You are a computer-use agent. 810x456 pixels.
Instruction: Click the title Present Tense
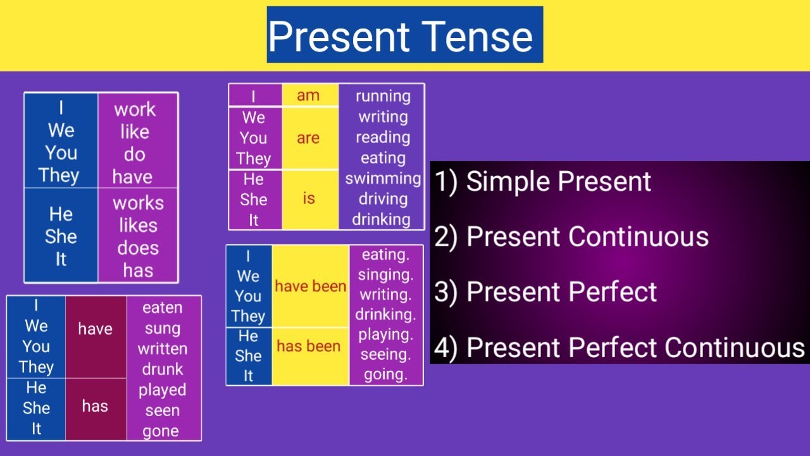click(x=404, y=35)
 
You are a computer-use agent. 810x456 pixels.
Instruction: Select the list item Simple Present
click(x=543, y=182)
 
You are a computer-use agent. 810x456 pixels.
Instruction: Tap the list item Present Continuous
click(x=571, y=237)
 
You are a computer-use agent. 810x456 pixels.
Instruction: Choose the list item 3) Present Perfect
click(x=545, y=292)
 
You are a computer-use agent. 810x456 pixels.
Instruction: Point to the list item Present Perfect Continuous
click(x=620, y=348)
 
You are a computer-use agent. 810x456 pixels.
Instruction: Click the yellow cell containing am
click(x=309, y=96)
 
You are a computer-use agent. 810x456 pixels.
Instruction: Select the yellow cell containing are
click(x=309, y=138)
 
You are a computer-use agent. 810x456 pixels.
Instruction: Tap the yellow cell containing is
click(x=309, y=199)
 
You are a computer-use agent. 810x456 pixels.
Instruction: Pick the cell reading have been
click(x=310, y=286)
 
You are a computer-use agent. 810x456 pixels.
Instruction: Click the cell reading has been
click(x=309, y=346)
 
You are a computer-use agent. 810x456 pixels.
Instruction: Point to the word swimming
click(x=383, y=179)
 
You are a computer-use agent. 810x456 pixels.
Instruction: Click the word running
click(x=383, y=96)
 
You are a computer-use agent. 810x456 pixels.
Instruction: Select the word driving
click(x=383, y=199)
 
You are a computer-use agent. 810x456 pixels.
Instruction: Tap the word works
click(x=138, y=203)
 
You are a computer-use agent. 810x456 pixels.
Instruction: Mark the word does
click(x=138, y=248)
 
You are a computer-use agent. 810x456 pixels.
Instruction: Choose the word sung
click(x=163, y=328)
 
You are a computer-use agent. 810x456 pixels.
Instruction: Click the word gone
click(x=161, y=431)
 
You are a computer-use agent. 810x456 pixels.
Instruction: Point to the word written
click(x=163, y=349)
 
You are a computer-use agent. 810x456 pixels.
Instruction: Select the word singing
click(x=385, y=275)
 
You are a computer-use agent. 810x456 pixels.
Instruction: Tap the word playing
click(x=385, y=334)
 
